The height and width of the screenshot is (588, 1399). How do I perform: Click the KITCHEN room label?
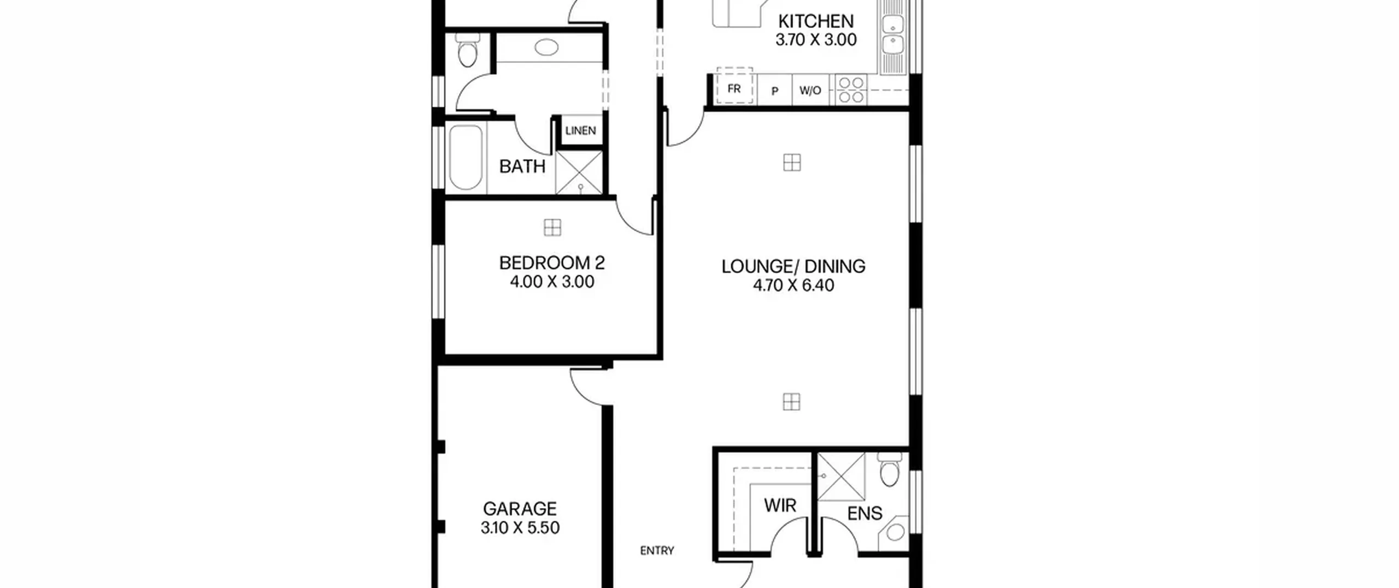815,21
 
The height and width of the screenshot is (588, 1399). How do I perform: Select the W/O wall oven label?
810,90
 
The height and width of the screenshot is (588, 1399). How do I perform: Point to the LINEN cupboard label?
580,131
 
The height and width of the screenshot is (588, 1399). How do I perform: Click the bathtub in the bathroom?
466,158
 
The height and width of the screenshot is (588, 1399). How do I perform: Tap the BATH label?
522,166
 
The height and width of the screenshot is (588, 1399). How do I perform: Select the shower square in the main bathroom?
579,172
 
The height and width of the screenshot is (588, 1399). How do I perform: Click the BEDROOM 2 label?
552,263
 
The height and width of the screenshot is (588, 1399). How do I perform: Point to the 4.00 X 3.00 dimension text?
552,282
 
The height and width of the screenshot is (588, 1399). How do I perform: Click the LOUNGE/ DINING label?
793,266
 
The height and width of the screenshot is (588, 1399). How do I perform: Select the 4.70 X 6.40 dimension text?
793,285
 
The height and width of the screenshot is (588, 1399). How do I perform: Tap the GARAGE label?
520,509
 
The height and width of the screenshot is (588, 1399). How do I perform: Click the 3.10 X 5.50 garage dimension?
520,528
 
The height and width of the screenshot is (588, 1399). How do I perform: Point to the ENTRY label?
657,551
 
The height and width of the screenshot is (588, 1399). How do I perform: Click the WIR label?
780,505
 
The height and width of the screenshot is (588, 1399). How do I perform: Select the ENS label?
865,514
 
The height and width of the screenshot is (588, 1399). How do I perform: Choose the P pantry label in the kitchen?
774,91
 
